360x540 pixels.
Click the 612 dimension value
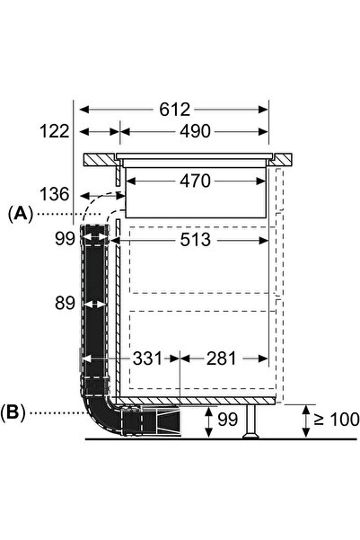[x=174, y=110]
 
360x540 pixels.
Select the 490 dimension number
[x=195, y=131]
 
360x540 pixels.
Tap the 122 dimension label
[x=55, y=131]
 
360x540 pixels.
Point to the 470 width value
[x=195, y=181]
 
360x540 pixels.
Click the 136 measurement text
[x=55, y=194]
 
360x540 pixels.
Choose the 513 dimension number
[x=195, y=240]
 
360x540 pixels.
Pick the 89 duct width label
[x=65, y=303]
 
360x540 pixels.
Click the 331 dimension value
[x=147, y=359]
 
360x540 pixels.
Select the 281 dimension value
[x=222, y=359]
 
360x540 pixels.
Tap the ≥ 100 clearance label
[x=337, y=420]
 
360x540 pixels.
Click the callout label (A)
[x=21, y=214]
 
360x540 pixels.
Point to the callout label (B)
[x=13, y=412]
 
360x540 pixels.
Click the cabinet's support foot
[x=250, y=421]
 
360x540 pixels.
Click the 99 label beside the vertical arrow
[x=228, y=420]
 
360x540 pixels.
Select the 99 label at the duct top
[x=65, y=238]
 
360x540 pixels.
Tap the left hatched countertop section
[x=100, y=160]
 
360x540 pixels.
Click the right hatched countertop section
[x=282, y=159]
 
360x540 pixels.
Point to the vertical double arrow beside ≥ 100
[x=305, y=421]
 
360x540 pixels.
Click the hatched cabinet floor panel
[x=195, y=400]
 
